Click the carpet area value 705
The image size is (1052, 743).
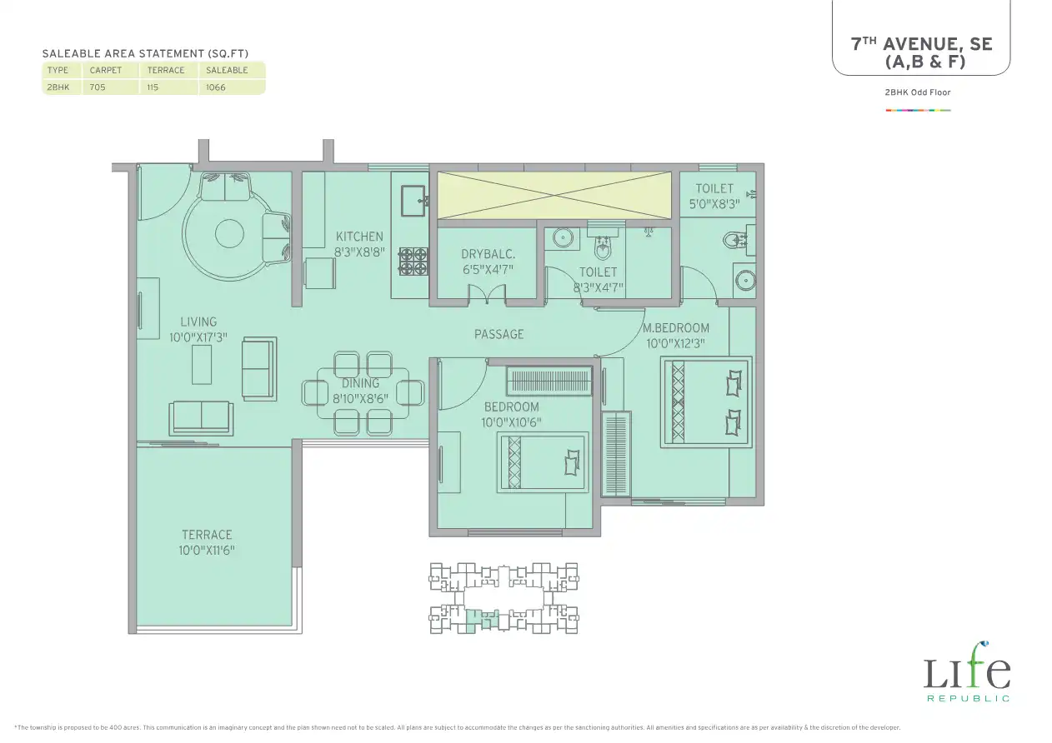98,87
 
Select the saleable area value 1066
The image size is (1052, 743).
216,87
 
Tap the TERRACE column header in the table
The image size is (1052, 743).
166,71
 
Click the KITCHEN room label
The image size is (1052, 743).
359,237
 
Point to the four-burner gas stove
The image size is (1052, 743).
413,261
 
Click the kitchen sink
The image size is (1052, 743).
413,201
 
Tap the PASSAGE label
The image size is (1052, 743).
498,334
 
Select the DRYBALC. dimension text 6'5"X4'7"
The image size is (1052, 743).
488,270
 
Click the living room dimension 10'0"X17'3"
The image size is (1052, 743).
198,337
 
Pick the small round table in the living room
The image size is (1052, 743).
229,233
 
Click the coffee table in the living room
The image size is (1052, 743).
202,365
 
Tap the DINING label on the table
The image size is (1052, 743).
360,383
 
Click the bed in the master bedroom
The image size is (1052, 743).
706,401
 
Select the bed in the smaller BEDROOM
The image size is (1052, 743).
543,462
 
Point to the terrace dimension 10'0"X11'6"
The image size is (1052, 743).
207,550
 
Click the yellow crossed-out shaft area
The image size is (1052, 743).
554,195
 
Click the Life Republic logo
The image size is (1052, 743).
967,671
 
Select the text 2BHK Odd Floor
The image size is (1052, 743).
918,92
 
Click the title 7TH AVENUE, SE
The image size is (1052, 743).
921,45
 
